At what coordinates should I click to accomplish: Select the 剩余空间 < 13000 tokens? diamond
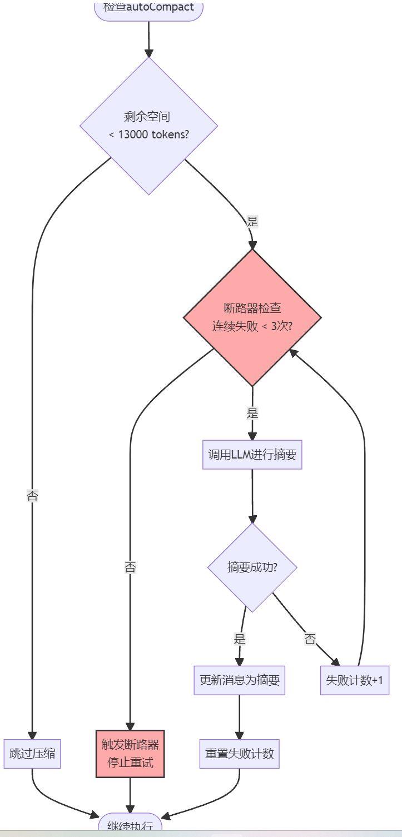(x=148, y=126)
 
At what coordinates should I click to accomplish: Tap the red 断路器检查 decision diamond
(x=252, y=317)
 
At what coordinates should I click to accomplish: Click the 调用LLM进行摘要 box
(x=252, y=455)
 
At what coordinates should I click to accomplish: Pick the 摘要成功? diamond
(x=252, y=567)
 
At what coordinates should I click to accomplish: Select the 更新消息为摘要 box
(x=239, y=680)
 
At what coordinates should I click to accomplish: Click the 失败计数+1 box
(x=354, y=680)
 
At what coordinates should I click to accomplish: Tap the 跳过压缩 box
(x=32, y=754)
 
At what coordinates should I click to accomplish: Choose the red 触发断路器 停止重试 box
(x=130, y=754)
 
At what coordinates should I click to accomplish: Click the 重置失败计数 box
(x=239, y=754)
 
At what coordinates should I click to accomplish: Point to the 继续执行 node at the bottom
(x=130, y=825)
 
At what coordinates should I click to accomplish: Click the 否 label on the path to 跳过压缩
(x=32, y=496)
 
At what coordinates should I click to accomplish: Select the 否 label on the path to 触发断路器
(x=130, y=567)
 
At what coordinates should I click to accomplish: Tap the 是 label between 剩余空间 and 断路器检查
(x=252, y=222)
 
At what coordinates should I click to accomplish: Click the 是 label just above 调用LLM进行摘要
(x=252, y=413)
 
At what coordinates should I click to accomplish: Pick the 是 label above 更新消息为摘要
(x=240, y=639)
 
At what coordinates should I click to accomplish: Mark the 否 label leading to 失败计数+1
(x=310, y=639)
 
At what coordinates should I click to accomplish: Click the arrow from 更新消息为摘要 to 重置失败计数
(x=239, y=717)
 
